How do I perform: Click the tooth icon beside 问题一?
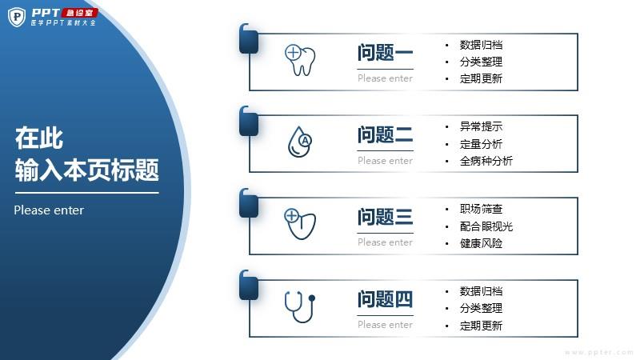point(300,60)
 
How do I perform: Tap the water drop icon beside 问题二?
point(299,142)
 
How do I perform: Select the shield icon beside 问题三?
point(300,224)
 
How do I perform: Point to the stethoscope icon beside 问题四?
point(300,306)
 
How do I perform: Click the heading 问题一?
point(385,53)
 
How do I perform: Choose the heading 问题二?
point(385,134)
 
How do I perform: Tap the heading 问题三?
point(385,217)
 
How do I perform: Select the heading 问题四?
point(385,299)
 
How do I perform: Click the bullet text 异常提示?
point(481,126)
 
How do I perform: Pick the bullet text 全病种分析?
point(486,161)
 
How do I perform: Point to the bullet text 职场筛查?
point(481,209)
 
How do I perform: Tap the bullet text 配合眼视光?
point(486,226)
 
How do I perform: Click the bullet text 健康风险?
point(481,244)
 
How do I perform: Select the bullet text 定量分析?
point(481,144)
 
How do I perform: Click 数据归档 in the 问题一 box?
point(481,45)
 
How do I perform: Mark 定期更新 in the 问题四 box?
point(481,326)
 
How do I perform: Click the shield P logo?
point(17,17)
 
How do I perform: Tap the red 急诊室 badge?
point(79,13)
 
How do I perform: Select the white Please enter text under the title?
point(49,210)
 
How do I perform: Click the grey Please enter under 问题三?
point(385,242)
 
